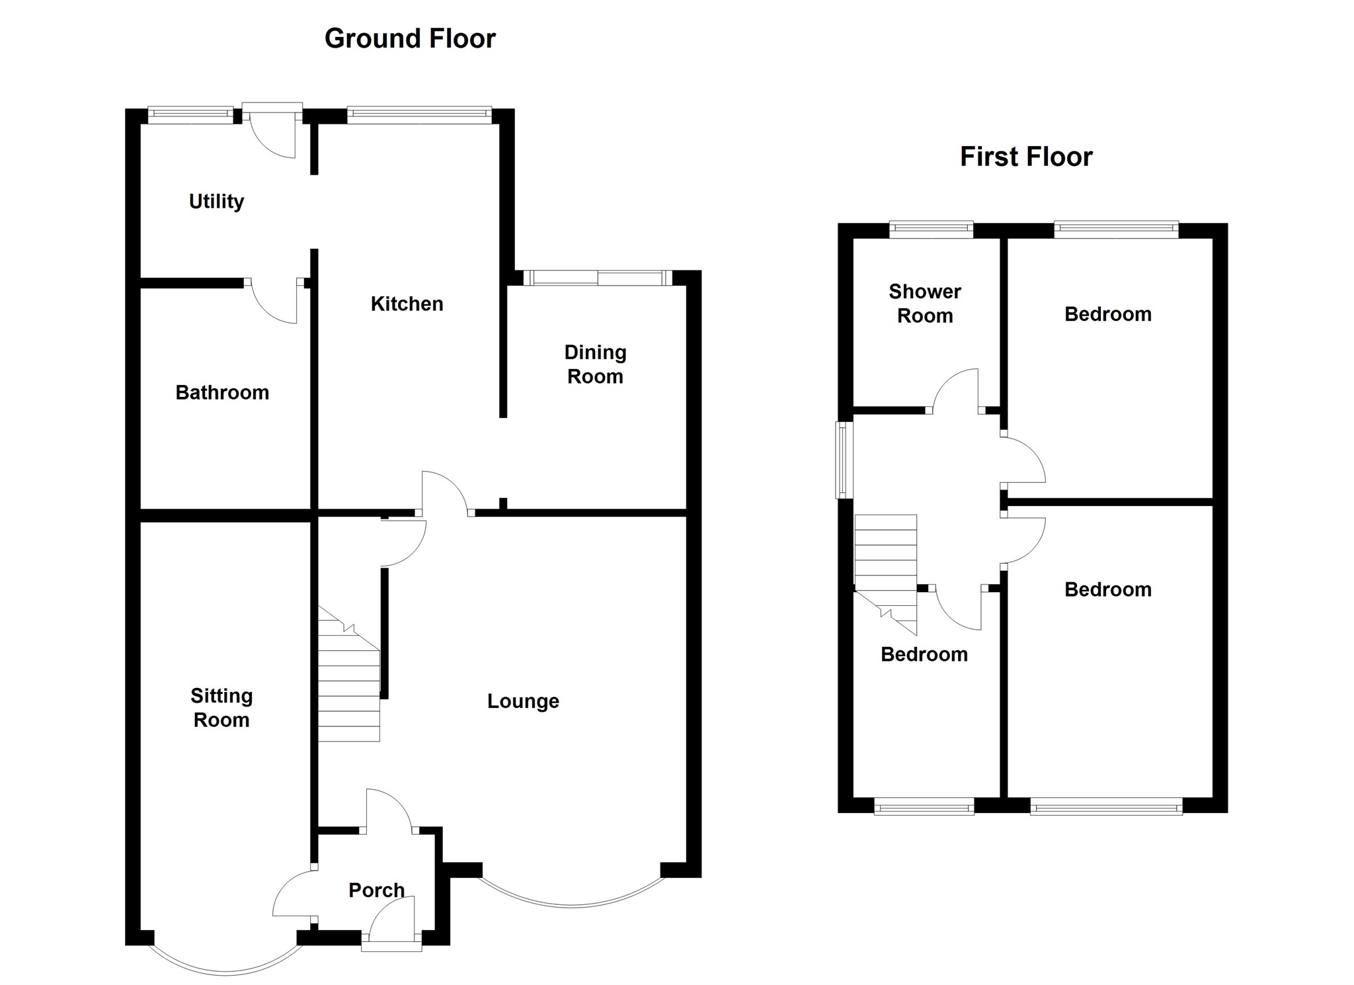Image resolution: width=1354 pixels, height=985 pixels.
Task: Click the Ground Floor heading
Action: click(410, 39)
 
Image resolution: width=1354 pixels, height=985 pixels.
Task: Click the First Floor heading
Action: click(1025, 157)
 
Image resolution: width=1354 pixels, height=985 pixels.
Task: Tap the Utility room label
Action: click(216, 201)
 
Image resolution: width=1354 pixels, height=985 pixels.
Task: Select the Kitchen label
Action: click(407, 304)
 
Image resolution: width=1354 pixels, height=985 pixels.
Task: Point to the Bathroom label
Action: click(222, 393)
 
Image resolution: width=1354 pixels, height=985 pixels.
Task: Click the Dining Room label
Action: click(595, 364)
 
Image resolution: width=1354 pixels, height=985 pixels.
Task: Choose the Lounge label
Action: click(523, 701)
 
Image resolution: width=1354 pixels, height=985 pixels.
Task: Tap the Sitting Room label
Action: click(221, 708)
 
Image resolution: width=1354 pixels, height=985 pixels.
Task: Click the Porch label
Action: click(376, 890)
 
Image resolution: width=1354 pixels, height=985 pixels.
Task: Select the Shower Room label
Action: click(924, 304)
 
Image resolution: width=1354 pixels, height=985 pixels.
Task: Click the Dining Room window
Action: click(598, 278)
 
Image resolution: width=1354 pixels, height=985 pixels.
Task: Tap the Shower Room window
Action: click(931, 230)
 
